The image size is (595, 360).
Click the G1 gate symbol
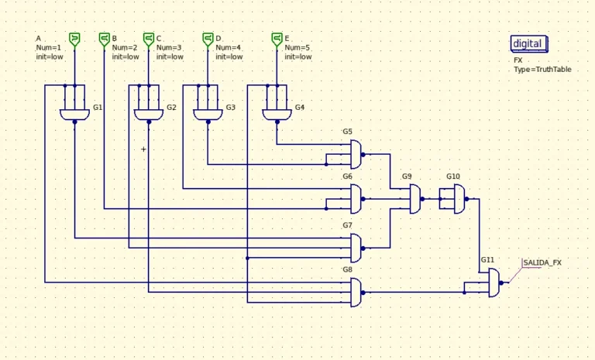(74, 115)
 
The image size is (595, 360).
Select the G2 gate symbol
(149, 115)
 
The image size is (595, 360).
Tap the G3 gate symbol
(208, 115)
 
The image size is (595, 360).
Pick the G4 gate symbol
(277, 115)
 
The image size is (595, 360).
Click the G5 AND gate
(356, 154)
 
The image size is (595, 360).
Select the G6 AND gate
(356, 199)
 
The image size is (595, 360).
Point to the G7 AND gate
(356, 248)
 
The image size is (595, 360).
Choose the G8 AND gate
(356, 293)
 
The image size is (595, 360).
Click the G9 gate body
(415, 199)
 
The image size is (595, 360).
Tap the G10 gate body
(459, 199)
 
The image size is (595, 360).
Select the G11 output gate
(494, 283)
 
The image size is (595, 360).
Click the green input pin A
(74, 39)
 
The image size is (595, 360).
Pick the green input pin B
(105, 39)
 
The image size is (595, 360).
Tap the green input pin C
(149, 39)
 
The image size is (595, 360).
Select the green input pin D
(208, 39)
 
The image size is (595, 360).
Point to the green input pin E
(277, 39)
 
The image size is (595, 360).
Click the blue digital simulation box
(529, 43)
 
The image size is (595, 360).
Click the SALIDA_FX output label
(542, 262)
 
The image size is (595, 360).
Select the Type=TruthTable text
(542, 70)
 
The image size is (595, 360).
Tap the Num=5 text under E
(297, 47)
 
